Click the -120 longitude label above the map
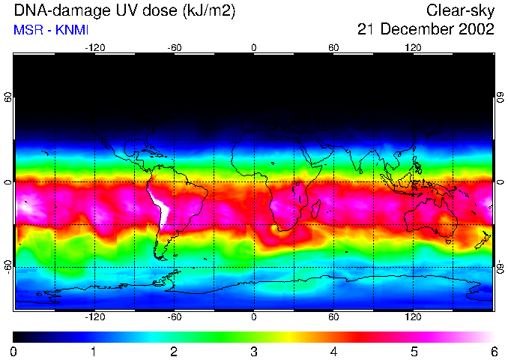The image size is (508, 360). pos(94,47)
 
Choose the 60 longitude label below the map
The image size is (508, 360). pos(333,317)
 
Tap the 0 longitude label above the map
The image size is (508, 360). pos(254,47)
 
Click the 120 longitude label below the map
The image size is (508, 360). pos(413,317)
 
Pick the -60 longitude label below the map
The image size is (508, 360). pos(174,317)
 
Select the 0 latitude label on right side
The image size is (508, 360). pos(501,182)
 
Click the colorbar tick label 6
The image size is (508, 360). pos(494,351)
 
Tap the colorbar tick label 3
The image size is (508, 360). pos(254,351)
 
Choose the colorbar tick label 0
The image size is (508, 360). pos(14,351)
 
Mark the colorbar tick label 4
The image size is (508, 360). pos(334,351)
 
